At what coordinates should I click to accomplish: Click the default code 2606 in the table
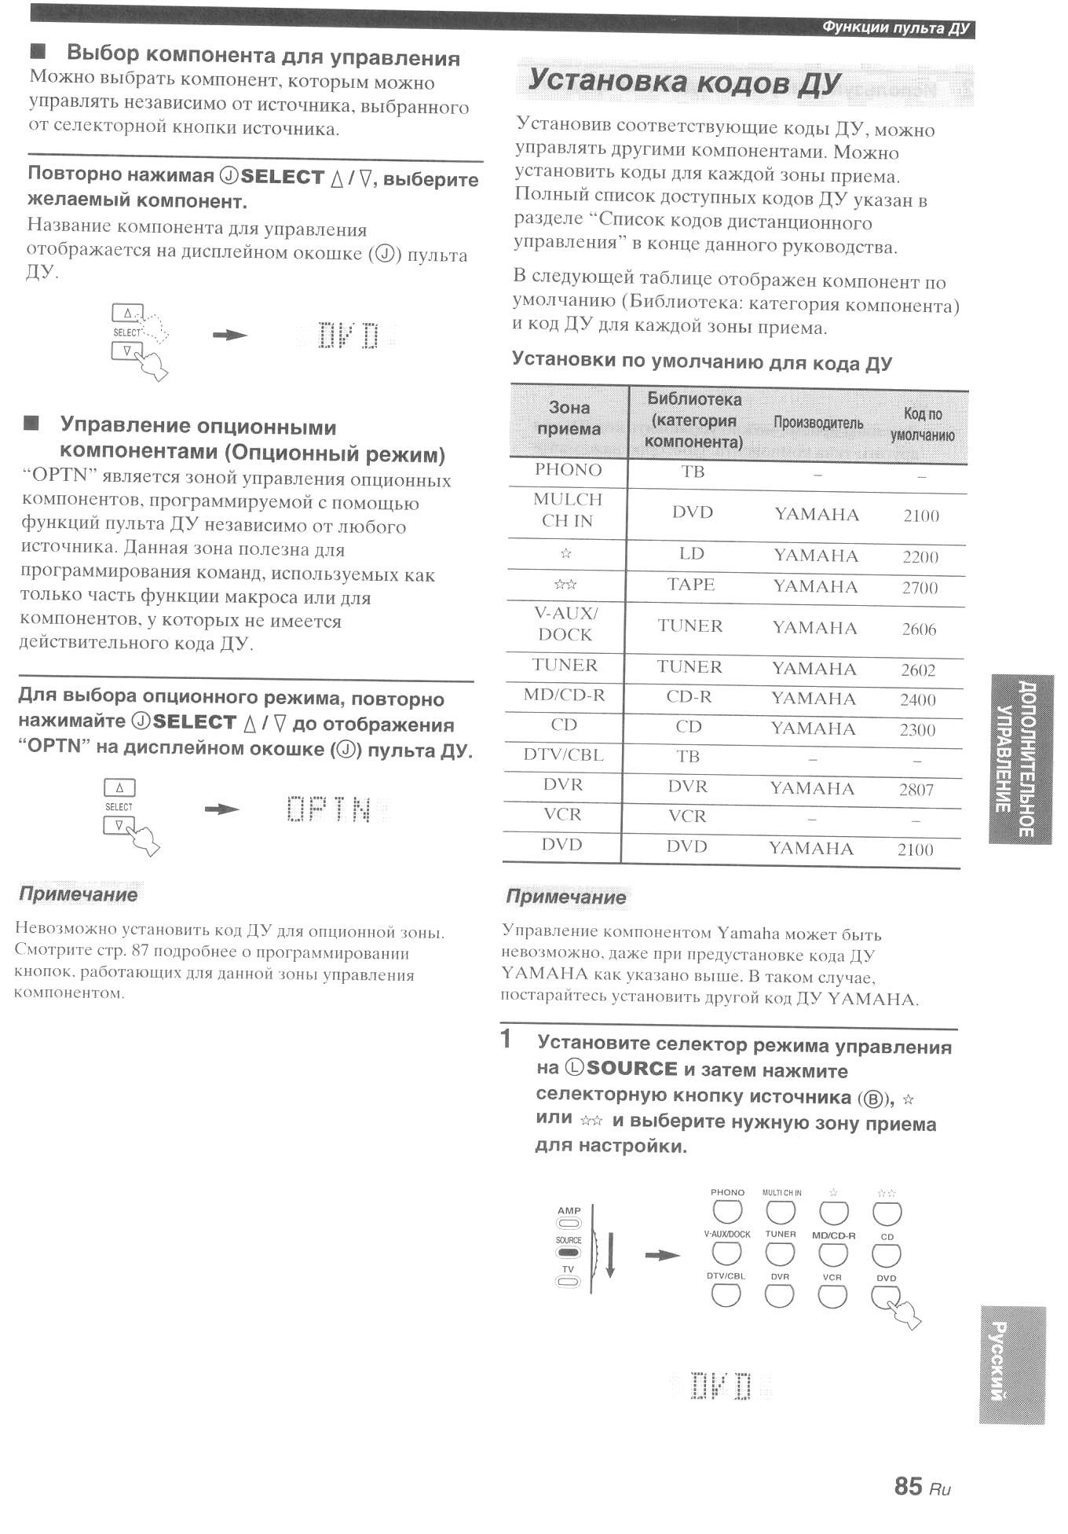tap(918, 629)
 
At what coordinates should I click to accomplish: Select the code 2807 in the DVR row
tap(916, 789)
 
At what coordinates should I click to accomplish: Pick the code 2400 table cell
tap(917, 699)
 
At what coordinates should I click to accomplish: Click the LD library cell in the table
tap(691, 554)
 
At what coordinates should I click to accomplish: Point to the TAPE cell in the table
tap(690, 585)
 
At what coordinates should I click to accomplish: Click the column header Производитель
tap(817, 423)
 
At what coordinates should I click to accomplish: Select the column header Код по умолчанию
tap(922, 424)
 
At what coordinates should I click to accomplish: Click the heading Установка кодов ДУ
tap(684, 82)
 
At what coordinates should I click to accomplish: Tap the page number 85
tap(908, 1485)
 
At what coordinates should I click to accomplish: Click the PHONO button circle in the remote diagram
tap(727, 1213)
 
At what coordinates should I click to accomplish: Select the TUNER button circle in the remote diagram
tap(780, 1253)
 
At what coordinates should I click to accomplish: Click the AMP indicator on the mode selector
tap(569, 1222)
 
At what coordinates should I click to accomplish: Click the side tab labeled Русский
tap(1011, 1365)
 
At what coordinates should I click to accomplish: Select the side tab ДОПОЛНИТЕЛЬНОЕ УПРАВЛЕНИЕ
tap(1019, 759)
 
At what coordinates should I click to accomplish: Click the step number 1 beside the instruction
tap(507, 1039)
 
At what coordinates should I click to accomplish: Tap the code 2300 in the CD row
tap(916, 730)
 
